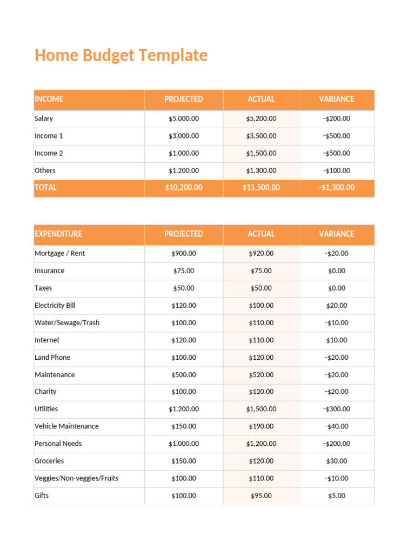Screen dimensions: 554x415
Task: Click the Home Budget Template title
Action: click(121, 55)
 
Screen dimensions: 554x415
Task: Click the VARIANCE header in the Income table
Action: click(337, 99)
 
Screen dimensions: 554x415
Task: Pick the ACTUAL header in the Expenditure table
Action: click(261, 234)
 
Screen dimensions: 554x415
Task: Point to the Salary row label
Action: click(44, 118)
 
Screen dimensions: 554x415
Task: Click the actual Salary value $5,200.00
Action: click(261, 118)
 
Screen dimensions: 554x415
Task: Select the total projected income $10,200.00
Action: click(184, 188)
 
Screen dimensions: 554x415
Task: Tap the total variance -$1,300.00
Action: click(337, 188)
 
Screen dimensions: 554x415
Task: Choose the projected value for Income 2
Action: click(184, 153)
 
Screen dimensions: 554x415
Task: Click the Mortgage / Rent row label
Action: click(59, 253)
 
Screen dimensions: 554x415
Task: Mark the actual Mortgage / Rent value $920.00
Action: click(261, 253)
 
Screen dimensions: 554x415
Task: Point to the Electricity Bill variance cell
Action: click(337, 305)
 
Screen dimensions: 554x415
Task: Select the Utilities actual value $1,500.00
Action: click(261, 409)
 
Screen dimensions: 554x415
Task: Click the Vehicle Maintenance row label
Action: click(66, 426)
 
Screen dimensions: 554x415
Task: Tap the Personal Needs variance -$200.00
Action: click(337, 444)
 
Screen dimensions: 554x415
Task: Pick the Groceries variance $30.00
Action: click(337, 461)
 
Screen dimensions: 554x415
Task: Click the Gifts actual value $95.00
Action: click(261, 496)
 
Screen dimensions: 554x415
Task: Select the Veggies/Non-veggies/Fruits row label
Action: click(76, 478)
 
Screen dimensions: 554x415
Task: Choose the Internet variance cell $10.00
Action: click(337, 340)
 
